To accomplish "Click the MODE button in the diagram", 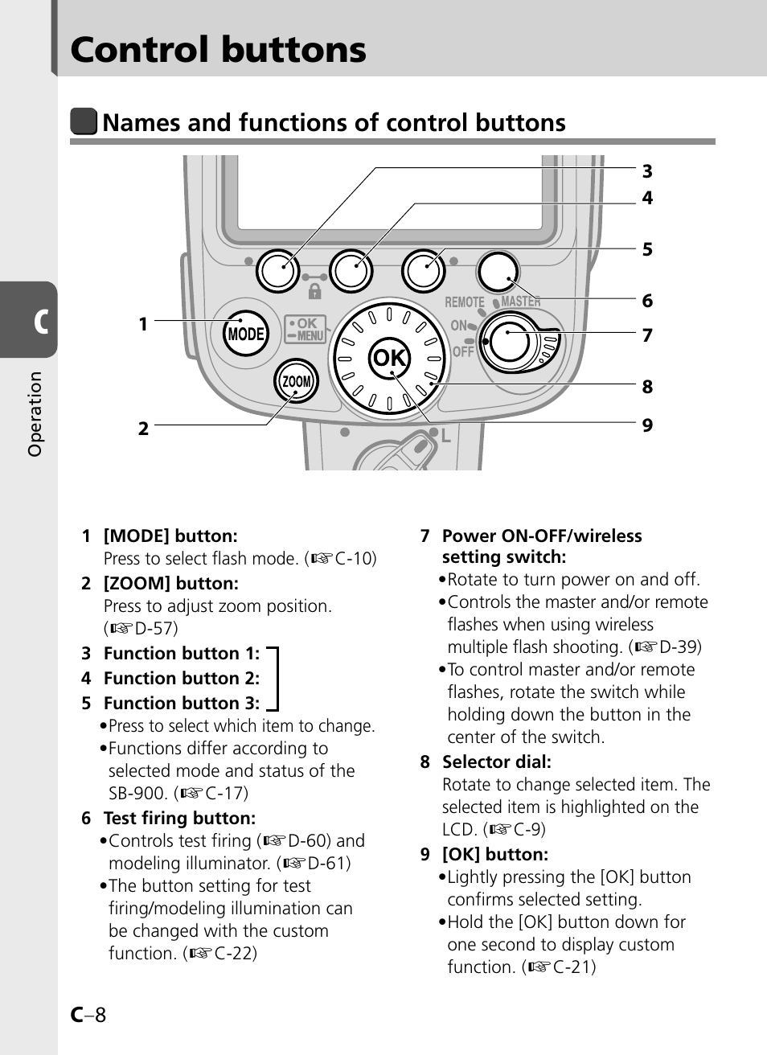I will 245,334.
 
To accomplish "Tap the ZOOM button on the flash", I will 296,382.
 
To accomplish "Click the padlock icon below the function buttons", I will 314,289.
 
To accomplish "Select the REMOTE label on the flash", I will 465,302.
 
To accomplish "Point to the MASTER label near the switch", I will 521,302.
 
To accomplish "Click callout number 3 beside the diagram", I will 647,171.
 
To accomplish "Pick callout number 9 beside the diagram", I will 647,425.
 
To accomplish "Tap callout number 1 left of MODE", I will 143,324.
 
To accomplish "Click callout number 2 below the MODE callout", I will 143,429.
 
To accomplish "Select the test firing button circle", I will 497,272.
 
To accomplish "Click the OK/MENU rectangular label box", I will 305,329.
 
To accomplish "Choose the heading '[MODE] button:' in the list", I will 170,536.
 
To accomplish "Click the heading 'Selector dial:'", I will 496,762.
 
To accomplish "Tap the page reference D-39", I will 679,647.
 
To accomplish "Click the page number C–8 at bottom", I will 88,1015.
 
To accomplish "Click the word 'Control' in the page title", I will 144,50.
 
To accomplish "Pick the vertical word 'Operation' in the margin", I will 35,414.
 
